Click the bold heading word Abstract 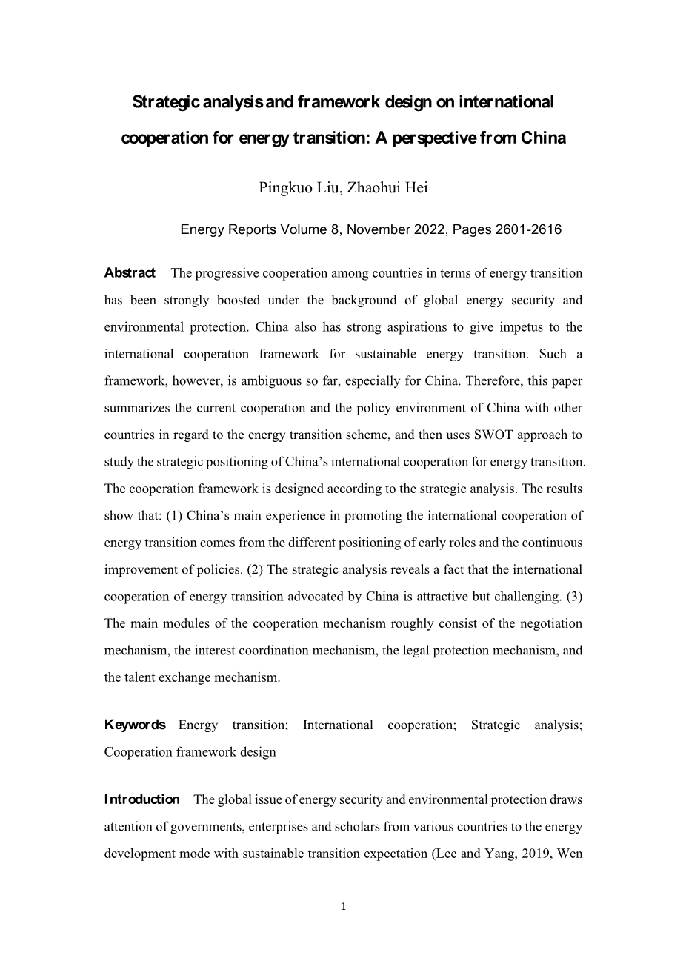pyautogui.click(x=130, y=273)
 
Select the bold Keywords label pyautogui.click(x=135, y=725)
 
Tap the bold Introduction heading pyautogui.click(x=141, y=799)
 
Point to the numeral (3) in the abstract pyautogui.click(x=573, y=596)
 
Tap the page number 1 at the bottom pyautogui.click(x=343, y=906)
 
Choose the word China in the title pyautogui.click(x=544, y=138)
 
